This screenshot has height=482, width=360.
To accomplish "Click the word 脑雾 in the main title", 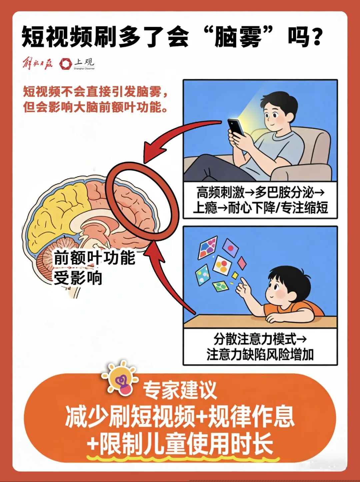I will coord(238,37).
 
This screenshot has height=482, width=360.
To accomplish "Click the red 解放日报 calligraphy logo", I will coord(38,63).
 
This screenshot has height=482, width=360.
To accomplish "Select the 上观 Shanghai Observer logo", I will coord(77,63).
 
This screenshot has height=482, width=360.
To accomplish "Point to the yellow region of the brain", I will coord(60,217).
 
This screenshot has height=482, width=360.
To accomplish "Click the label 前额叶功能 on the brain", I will coord(94,258).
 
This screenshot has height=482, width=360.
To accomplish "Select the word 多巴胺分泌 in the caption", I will coord(284,192).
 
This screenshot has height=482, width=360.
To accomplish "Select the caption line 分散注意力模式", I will coord(255,339).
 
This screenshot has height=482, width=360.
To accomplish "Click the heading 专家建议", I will coord(180,390).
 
